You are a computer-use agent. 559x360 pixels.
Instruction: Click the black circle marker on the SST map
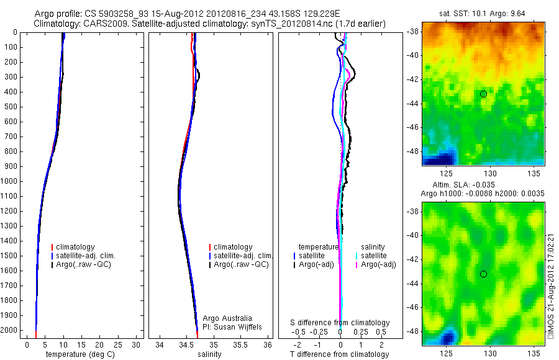483,94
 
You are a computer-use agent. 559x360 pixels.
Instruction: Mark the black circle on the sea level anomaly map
483,274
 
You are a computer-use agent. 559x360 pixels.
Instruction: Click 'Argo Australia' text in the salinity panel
227,318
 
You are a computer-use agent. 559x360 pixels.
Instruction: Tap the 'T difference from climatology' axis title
339,354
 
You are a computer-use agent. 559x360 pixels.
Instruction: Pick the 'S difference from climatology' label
340,323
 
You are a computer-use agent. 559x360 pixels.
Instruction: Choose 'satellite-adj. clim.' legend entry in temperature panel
86,256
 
